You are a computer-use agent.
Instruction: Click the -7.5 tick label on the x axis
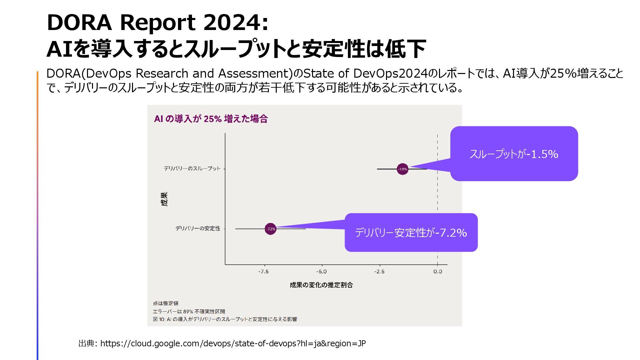coord(263,272)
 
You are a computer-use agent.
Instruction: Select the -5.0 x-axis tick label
coord(321,272)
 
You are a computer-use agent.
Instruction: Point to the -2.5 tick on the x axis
coord(379,272)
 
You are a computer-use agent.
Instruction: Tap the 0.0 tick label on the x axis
coord(438,272)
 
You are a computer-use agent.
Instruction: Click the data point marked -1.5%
coord(403,169)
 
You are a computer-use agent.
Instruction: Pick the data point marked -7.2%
coord(271,229)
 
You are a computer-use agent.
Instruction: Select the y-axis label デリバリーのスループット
coord(192,169)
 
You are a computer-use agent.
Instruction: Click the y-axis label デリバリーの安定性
coord(198,228)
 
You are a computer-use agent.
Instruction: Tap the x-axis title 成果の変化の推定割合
coord(321,285)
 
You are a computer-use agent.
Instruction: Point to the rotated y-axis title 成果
coord(165,199)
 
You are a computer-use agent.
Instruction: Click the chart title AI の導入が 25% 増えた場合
coord(211,119)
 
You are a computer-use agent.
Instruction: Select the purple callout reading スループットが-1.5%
coord(514,154)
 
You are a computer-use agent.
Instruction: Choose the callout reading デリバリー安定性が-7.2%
coord(411,232)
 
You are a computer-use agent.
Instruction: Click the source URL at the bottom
coord(233,343)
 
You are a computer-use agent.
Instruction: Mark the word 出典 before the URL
coord(86,343)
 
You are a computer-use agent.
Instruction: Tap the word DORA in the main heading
coord(79,23)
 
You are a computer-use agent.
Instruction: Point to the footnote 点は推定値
coord(166,303)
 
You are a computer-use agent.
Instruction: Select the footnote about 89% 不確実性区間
coord(189,311)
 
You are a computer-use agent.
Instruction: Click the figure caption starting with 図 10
coord(225,319)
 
